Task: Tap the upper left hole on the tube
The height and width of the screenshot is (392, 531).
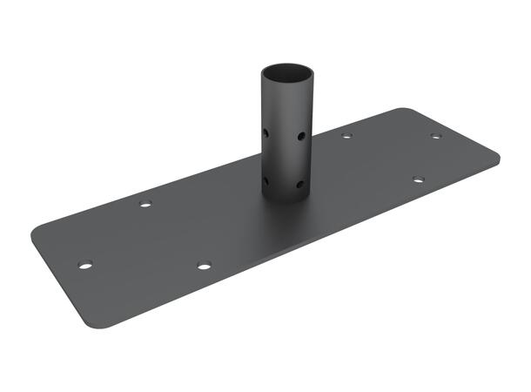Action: (x=265, y=133)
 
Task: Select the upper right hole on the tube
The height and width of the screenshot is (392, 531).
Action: (x=300, y=137)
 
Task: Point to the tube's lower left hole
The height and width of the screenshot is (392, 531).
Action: (x=265, y=181)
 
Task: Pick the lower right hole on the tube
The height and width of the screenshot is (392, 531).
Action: (x=300, y=185)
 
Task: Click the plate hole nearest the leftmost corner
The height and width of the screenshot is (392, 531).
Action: (x=84, y=264)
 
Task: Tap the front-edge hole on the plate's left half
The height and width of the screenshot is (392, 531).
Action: (x=204, y=265)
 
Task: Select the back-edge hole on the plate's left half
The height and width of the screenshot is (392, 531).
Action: (x=145, y=204)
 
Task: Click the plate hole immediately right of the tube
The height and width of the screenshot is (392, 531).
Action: (x=346, y=136)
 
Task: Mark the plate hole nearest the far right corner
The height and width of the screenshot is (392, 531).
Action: (x=435, y=137)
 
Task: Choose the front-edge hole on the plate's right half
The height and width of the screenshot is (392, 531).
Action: (x=418, y=180)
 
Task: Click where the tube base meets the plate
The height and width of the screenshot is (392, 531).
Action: (x=284, y=199)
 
